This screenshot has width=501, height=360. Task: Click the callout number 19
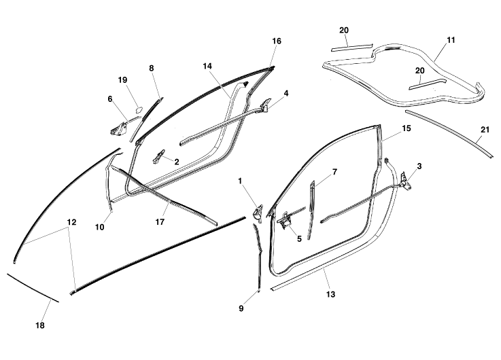(122, 79)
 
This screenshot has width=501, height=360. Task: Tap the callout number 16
(277, 41)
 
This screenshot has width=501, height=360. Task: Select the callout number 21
(485, 130)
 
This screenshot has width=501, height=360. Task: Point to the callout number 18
(40, 325)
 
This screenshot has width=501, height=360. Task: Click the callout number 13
(330, 294)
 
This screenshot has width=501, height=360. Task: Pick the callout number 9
(241, 308)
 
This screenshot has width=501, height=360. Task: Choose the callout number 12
(72, 222)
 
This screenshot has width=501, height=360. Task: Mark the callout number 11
(451, 40)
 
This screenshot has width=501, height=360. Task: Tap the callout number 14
(207, 66)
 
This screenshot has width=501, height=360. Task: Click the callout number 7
(334, 172)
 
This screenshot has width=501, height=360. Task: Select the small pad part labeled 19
(139, 109)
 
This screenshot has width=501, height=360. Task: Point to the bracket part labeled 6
(120, 128)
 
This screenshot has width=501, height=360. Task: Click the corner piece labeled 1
(258, 213)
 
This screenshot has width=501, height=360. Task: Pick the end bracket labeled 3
(404, 181)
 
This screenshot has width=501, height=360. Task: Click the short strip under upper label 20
(352, 48)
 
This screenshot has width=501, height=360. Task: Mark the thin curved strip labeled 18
(32, 287)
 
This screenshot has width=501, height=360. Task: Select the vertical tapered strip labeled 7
(311, 210)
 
